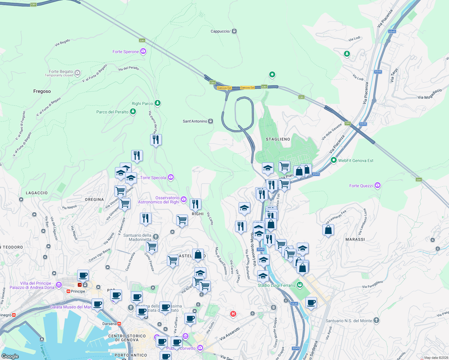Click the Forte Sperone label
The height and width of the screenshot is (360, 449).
click(x=125, y=52)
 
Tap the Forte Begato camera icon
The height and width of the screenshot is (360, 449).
click(x=77, y=73)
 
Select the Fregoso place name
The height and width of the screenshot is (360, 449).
click(x=42, y=91)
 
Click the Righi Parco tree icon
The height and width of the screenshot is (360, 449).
click(x=157, y=103)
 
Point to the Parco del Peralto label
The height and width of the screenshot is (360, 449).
click(x=112, y=112)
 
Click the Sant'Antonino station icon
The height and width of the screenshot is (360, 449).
click(x=211, y=121)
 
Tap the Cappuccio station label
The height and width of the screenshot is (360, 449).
click(x=220, y=31)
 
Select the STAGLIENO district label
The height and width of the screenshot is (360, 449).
click(x=278, y=139)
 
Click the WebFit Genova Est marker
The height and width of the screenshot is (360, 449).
click(x=333, y=160)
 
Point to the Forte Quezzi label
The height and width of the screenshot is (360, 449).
click(x=361, y=186)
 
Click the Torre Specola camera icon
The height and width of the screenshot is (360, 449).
click(x=171, y=177)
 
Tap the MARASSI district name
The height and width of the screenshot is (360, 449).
click(x=355, y=240)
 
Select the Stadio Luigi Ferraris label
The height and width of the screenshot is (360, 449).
click(x=276, y=286)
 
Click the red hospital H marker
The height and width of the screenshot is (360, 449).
click(x=233, y=314)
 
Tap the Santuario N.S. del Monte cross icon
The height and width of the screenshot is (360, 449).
click(x=376, y=320)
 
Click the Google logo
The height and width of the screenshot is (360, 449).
click(x=10, y=356)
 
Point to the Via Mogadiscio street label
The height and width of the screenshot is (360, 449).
click(x=429, y=94)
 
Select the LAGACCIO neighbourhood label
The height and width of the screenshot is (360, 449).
click(x=37, y=193)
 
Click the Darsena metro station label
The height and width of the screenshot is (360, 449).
click(x=109, y=324)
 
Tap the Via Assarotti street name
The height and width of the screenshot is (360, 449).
click(x=230, y=334)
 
